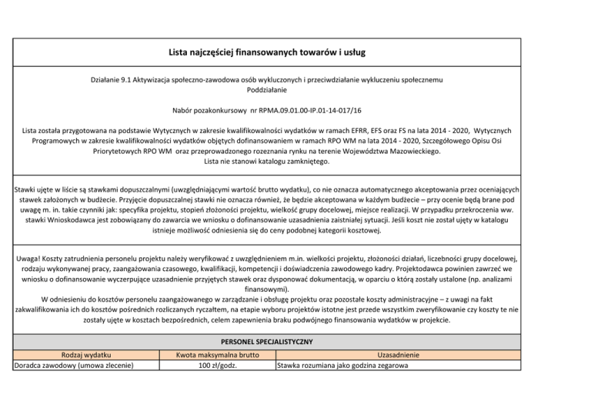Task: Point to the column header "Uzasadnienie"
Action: click(x=397, y=355)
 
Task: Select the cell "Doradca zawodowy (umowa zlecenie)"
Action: click(x=74, y=366)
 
